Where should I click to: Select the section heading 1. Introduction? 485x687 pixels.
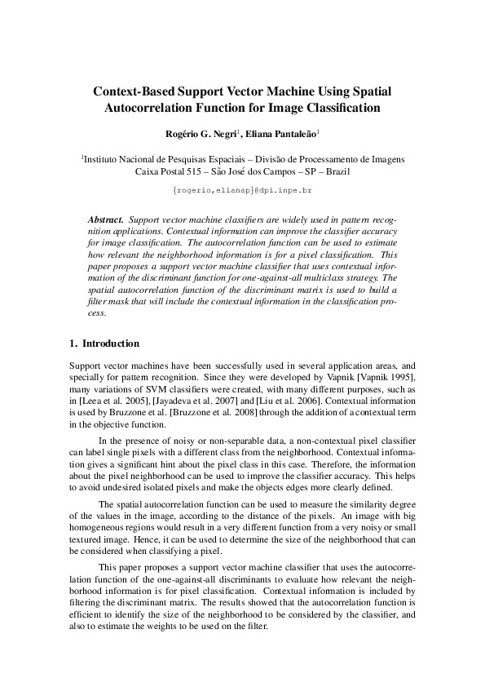point(104,343)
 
